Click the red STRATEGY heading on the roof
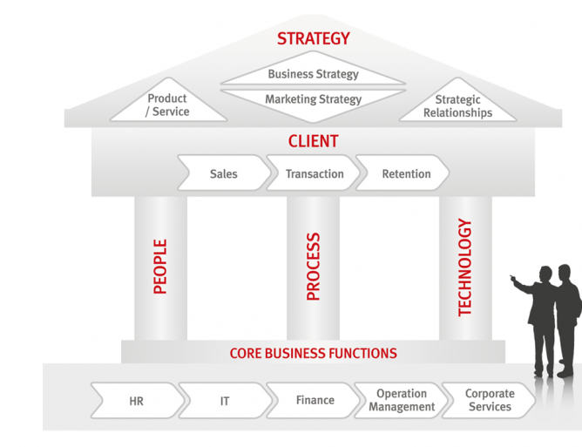point(313,38)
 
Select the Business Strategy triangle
point(313,73)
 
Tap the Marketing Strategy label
point(313,99)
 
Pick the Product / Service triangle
point(168,105)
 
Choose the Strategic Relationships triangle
point(457,106)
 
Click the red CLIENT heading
point(313,141)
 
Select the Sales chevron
point(224,173)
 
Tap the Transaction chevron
point(314,173)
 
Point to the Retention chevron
point(405,173)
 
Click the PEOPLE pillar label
point(160,267)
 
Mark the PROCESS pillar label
point(314,267)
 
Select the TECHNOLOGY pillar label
point(465,267)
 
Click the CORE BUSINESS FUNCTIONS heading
point(313,353)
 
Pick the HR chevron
point(137,401)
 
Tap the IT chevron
point(224,401)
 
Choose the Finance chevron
point(315,400)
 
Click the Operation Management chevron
point(402,400)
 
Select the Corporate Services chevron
point(489,400)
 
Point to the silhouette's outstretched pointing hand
point(513,279)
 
